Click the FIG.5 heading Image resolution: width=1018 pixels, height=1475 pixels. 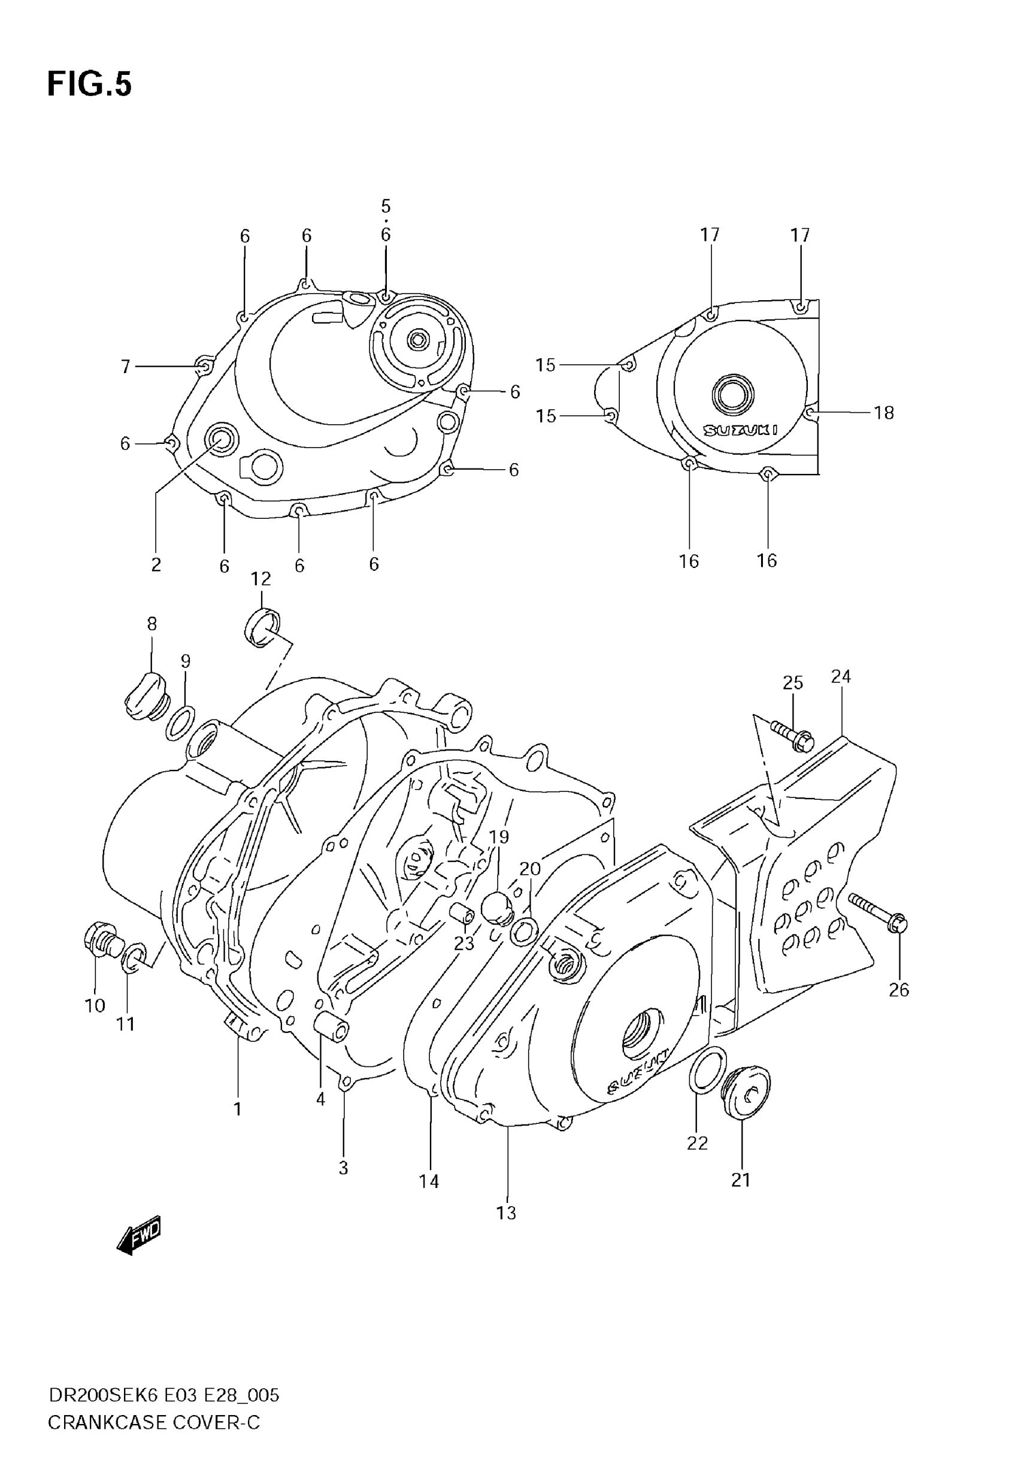89,84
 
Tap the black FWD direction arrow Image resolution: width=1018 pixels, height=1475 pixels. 139,1236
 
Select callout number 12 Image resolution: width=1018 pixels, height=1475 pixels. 261,579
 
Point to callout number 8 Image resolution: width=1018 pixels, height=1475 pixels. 152,623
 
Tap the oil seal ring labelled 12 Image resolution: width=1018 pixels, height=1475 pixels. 262,627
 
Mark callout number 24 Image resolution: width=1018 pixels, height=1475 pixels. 841,676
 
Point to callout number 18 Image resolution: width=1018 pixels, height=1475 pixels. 883,413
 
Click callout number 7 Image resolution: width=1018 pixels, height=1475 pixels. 126,366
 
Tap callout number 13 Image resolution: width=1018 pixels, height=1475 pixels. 507,1213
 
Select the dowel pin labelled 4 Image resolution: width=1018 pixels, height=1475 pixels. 331,1028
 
